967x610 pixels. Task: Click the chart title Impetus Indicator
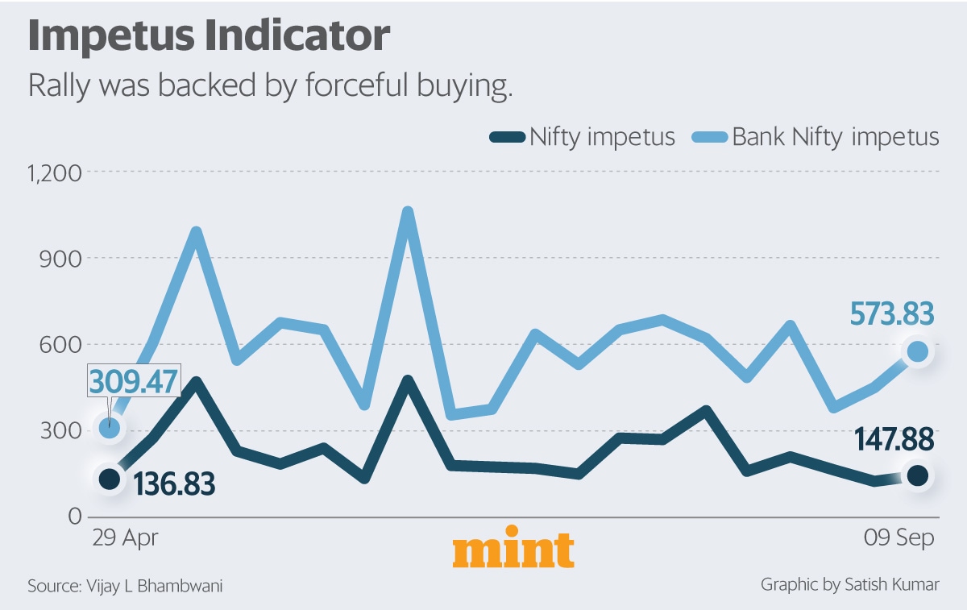point(210,38)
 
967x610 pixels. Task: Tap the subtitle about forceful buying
point(270,86)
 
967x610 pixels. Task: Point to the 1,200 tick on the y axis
point(56,172)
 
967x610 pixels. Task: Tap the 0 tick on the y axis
point(74,516)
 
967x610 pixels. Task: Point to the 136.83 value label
point(173,485)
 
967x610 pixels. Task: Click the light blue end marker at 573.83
point(917,351)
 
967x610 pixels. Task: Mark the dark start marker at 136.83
point(109,479)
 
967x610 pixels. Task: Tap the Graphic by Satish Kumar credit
point(849,584)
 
